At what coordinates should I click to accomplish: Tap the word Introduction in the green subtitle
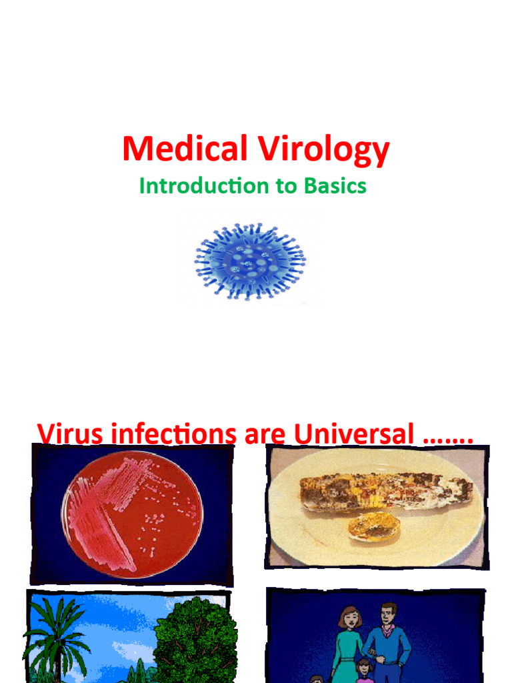point(196,186)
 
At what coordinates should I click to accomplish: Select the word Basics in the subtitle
point(335,186)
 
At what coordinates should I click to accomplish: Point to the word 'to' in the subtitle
point(282,187)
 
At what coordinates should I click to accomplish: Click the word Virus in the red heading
point(69,434)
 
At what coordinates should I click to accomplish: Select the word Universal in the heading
point(355,435)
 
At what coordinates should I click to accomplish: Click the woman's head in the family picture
point(349,618)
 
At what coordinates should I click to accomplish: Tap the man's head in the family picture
point(389,614)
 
